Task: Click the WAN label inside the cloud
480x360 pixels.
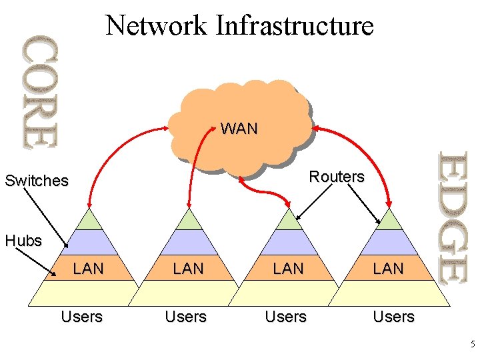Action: coord(239,129)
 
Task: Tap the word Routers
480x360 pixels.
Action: coord(337,177)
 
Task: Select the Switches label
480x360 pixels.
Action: coord(37,181)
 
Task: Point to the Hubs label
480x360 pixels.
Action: coord(23,241)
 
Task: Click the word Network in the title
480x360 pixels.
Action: coord(156,25)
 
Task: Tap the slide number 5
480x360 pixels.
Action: coord(473,345)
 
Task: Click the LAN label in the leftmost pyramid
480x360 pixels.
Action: coord(89,269)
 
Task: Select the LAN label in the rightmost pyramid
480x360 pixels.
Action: coord(389,269)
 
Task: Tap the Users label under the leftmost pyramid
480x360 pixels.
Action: coord(82,317)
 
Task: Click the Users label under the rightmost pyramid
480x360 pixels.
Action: coord(394,317)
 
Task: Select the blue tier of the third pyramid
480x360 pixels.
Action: coord(289,242)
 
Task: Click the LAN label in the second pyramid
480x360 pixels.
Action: coord(189,269)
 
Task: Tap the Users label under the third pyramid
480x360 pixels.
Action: coord(286,317)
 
